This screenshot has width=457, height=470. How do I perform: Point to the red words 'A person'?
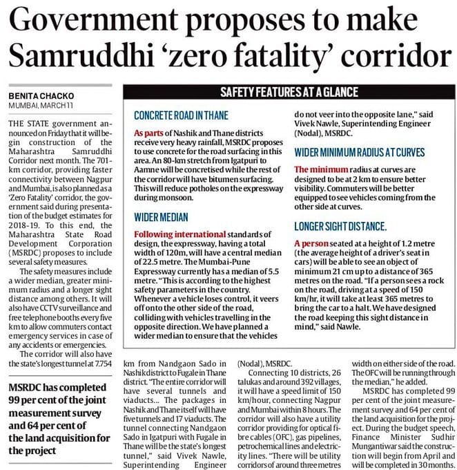tap(311, 243)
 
